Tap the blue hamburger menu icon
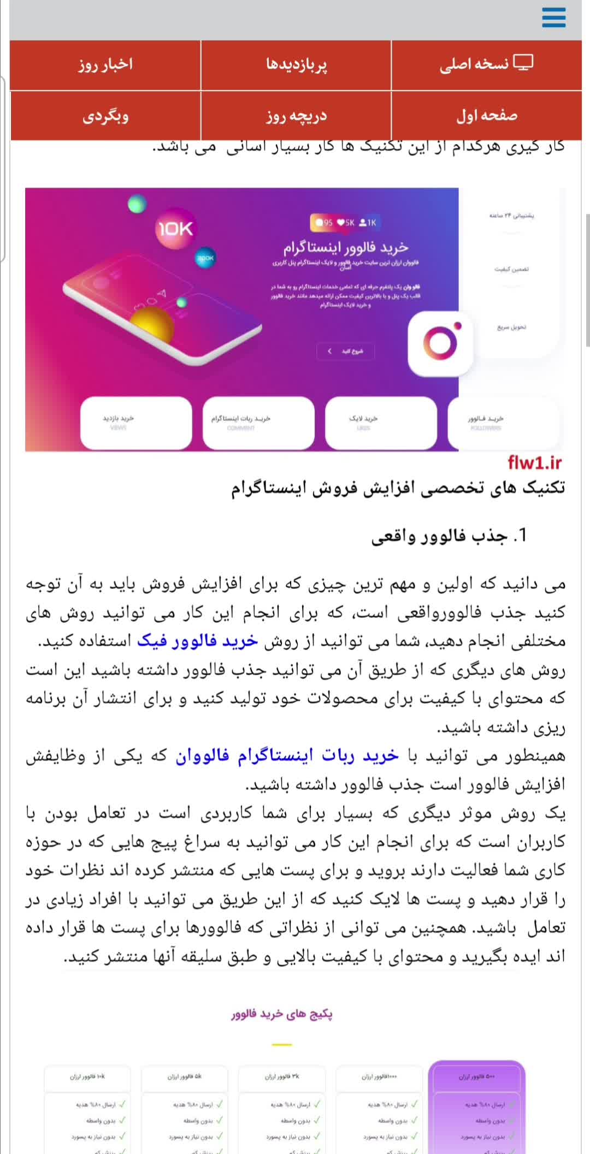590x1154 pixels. tap(553, 17)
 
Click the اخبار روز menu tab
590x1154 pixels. tap(105, 64)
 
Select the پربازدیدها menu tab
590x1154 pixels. tap(296, 64)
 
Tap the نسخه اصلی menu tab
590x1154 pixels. tap(486, 64)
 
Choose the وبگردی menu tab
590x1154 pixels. tap(105, 116)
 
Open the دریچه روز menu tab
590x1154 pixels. tap(296, 116)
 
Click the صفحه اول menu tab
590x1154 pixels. tap(486, 116)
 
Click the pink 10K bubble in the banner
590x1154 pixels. tap(175, 229)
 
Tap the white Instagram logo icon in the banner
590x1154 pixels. tap(440, 344)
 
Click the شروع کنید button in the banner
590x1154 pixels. tap(346, 351)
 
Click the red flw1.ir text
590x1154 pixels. tap(534, 463)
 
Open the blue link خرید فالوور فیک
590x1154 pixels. tap(197, 641)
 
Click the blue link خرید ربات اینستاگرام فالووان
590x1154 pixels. tap(287, 756)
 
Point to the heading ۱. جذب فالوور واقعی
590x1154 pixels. tap(449, 536)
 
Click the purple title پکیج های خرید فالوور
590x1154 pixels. tap(282, 1014)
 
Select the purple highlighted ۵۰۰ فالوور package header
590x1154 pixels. tap(476, 1076)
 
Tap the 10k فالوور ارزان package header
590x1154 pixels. tap(87, 1076)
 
